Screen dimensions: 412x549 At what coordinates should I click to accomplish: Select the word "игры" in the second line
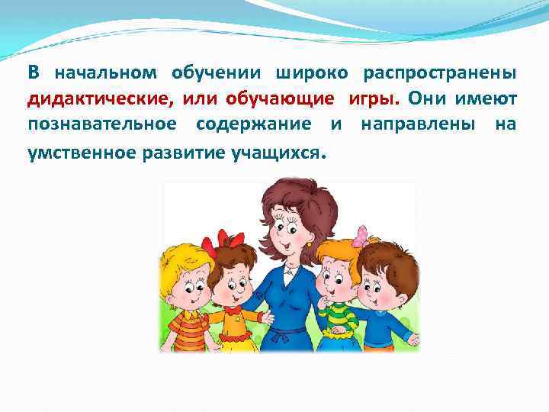click(374, 100)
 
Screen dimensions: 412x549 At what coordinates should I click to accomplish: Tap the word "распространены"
click(439, 74)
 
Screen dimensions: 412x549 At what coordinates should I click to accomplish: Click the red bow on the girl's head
click(226, 238)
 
